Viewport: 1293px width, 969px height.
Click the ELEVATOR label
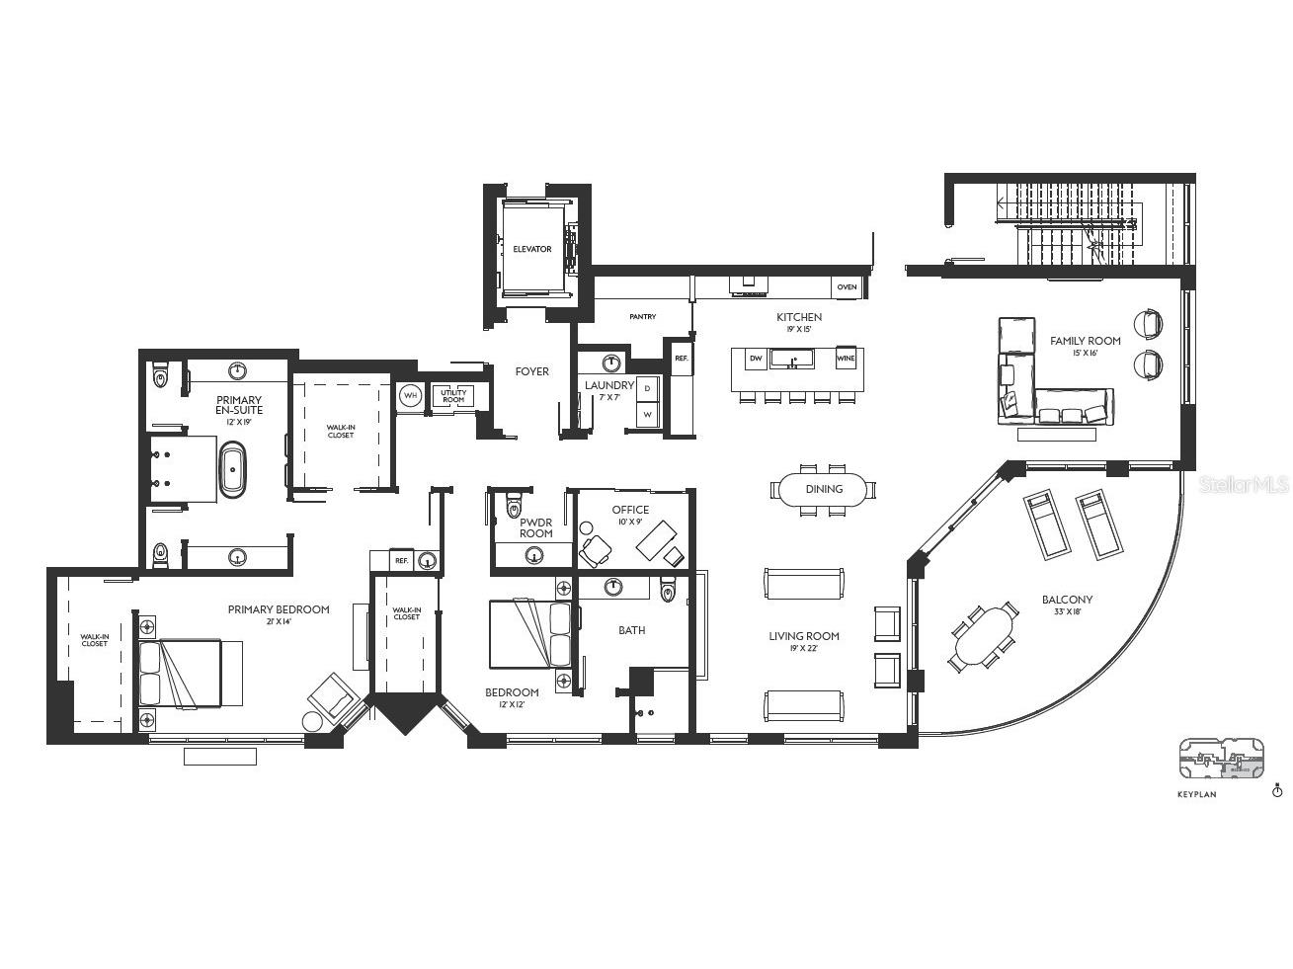pos(531,249)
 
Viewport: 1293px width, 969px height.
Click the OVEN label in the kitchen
pos(847,287)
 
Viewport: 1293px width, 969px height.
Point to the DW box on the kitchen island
pos(756,360)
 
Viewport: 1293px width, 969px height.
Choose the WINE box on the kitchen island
pos(846,360)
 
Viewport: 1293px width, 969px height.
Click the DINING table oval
pos(824,489)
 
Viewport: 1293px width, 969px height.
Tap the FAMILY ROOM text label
pos(1085,341)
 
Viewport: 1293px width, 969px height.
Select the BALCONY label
pos(1067,600)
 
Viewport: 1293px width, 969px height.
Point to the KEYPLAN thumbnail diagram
pos(1221,760)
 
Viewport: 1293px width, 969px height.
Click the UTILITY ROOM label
pos(453,396)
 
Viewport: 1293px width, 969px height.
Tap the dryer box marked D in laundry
pos(647,389)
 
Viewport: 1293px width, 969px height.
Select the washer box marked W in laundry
pos(647,415)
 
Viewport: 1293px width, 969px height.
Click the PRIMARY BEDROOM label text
pos(279,609)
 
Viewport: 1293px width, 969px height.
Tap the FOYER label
pos(531,371)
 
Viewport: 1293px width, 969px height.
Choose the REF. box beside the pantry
pos(681,358)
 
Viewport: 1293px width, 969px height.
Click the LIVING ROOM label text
pos(803,636)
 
